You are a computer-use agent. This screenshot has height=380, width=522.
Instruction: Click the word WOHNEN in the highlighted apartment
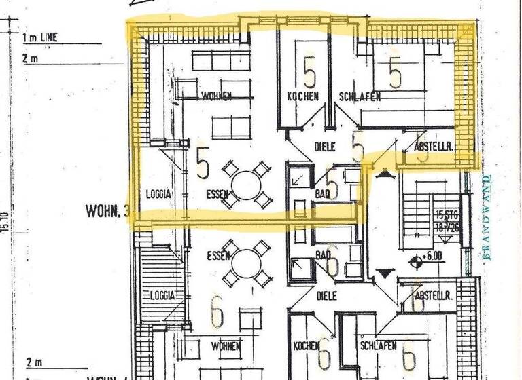pyautogui.click(x=217, y=96)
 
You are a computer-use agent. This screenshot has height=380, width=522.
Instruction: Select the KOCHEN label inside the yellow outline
pyautogui.click(x=302, y=97)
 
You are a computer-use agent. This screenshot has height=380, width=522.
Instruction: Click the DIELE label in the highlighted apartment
pyautogui.click(x=326, y=146)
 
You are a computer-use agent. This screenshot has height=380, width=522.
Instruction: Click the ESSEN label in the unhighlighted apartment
pyautogui.click(x=218, y=256)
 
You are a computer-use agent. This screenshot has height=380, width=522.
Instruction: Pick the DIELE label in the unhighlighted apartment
pyautogui.click(x=326, y=296)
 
